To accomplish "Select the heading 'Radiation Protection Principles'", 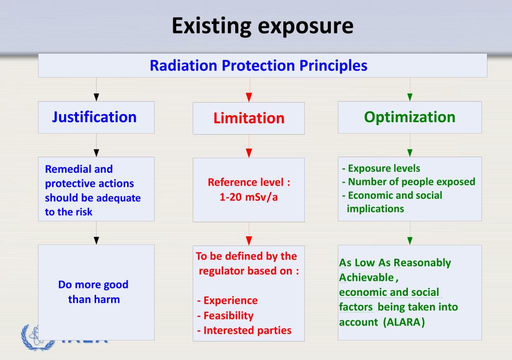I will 258,66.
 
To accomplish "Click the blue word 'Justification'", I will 94,117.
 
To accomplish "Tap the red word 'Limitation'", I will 249,118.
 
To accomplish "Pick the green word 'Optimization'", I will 409,117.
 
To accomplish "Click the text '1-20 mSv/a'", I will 249,197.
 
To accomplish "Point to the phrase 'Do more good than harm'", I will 93,292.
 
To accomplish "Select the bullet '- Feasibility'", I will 225,315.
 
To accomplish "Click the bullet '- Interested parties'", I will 244,330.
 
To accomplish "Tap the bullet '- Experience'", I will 227,300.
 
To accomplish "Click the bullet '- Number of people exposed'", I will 408,182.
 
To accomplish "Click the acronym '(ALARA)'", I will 404,322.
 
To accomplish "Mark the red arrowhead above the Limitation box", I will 249,97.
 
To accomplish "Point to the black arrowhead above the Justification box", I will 96,96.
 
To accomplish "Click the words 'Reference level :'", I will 249,183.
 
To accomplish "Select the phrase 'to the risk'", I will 69,212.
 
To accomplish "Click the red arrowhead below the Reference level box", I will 249,240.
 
